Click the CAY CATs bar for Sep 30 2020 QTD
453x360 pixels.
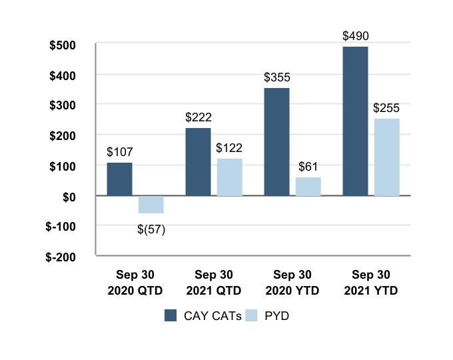(x=119, y=179)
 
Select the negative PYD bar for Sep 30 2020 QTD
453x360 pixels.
(x=151, y=204)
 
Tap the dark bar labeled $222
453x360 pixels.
(x=198, y=162)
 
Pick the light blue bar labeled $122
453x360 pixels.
(x=230, y=177)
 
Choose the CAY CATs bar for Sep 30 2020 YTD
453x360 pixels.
(x=276, y=142)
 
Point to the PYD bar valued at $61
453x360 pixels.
(x=308, y=187)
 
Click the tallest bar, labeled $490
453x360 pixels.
(x=355, y=121)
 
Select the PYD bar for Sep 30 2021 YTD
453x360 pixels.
(x=387, y=157)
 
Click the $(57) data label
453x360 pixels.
(x=151, y=230)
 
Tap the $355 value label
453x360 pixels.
(x=276, y=76)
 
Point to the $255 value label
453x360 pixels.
(x=386, y=107)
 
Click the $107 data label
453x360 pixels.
(x=119, y=151)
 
